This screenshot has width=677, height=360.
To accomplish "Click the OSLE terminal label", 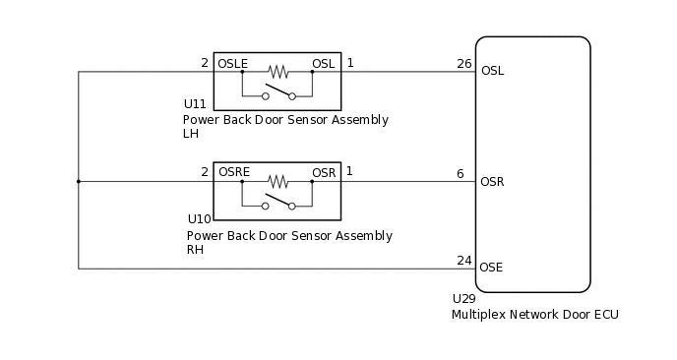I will [x=232, y=63].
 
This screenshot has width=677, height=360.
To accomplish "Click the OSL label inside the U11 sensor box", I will [x=324, y=63].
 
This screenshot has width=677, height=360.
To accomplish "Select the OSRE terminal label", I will [x=233, y=172].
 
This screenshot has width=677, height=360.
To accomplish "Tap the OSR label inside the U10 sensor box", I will [x=324, y=172].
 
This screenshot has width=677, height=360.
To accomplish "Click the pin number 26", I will [x=464, y=64].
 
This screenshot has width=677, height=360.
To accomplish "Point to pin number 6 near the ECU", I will [x=460, y=173].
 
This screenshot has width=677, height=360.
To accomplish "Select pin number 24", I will [x=464, y=261].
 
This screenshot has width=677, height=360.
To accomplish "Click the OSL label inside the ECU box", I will [x=492, y=71].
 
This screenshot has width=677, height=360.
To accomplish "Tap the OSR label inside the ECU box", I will [x=492, y=181].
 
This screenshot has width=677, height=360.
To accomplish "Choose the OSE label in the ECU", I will [x=492, y=268].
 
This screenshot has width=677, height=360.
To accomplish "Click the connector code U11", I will [x=195, y=103].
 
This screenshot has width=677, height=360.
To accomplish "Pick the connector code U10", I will [x=199, y=219].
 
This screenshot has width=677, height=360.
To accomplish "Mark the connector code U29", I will [x=463, y=298].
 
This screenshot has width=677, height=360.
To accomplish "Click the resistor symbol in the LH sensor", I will [x=278, y=72].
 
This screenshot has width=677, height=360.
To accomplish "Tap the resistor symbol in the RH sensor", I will [x=278, y=181].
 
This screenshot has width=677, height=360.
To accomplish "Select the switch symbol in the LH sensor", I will [x=278, y=94].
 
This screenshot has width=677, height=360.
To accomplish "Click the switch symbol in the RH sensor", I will [x=278, y=204].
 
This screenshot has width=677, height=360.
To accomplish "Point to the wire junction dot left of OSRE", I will [x=79, y=181].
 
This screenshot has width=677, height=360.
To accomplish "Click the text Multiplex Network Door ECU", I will [x=534, y=315].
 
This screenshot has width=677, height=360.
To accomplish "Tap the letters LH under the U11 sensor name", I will [x=191, y=134].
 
